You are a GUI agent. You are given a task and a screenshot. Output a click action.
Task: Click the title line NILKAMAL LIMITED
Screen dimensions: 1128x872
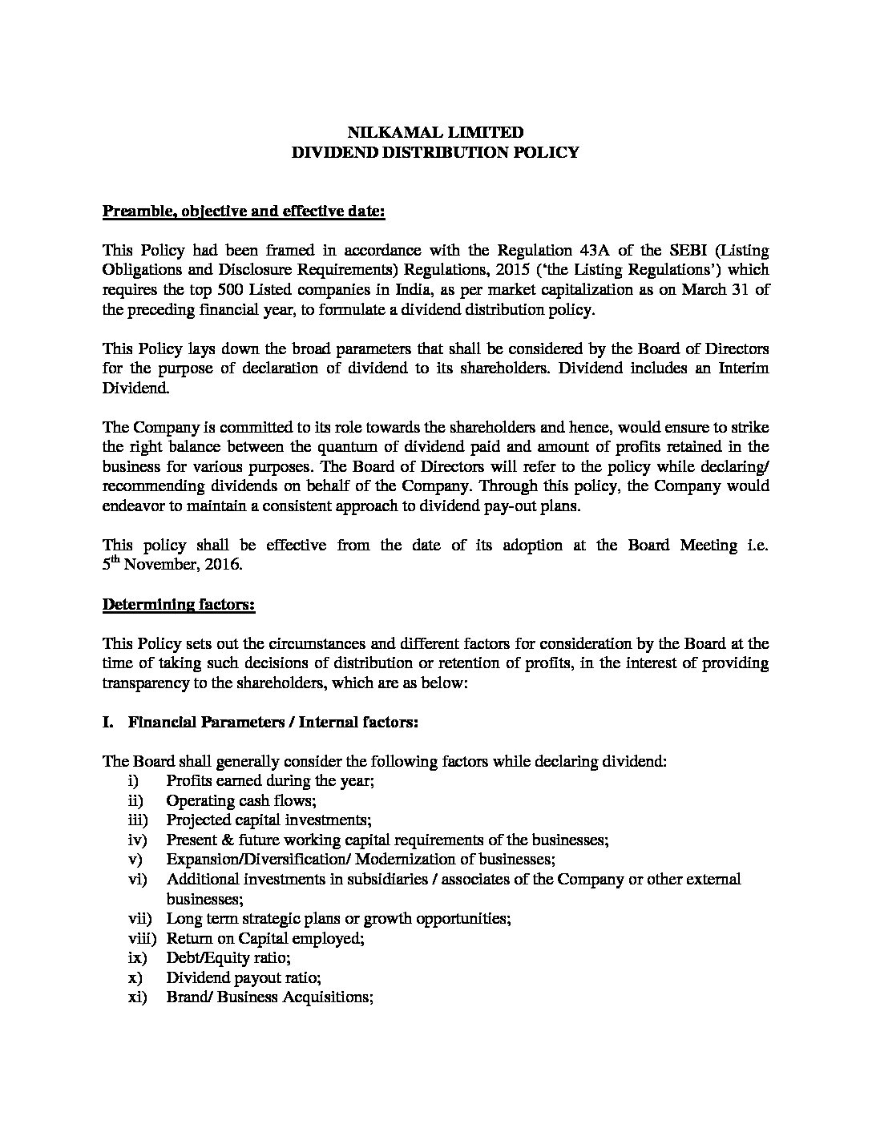[435, 133]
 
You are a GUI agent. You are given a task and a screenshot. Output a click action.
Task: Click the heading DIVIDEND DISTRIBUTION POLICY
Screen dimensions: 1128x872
[435, 152]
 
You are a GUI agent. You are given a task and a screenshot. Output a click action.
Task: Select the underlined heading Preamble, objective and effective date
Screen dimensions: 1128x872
[244, 211]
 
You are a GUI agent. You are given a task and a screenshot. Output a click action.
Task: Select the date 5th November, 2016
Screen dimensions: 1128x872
[172, 565]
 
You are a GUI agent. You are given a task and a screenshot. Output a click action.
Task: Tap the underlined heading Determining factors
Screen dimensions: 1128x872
[179, 604]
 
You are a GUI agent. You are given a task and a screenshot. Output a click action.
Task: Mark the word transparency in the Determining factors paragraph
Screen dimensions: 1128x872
[145, 683]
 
